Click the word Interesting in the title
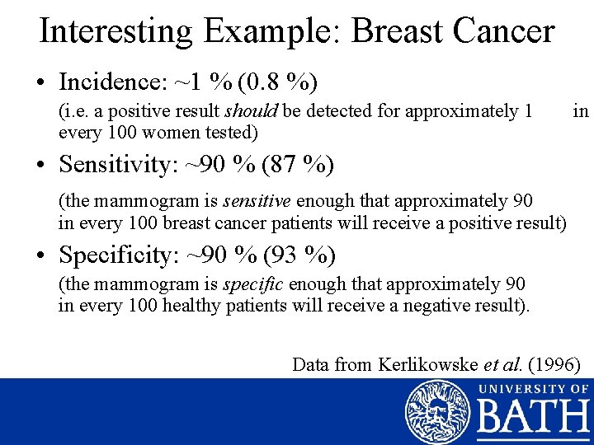click(x=116, y=31)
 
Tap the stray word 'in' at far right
click(x=581, y=111)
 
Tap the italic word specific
click(x=253, y=284)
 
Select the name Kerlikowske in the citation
click(x=427, y=363)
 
